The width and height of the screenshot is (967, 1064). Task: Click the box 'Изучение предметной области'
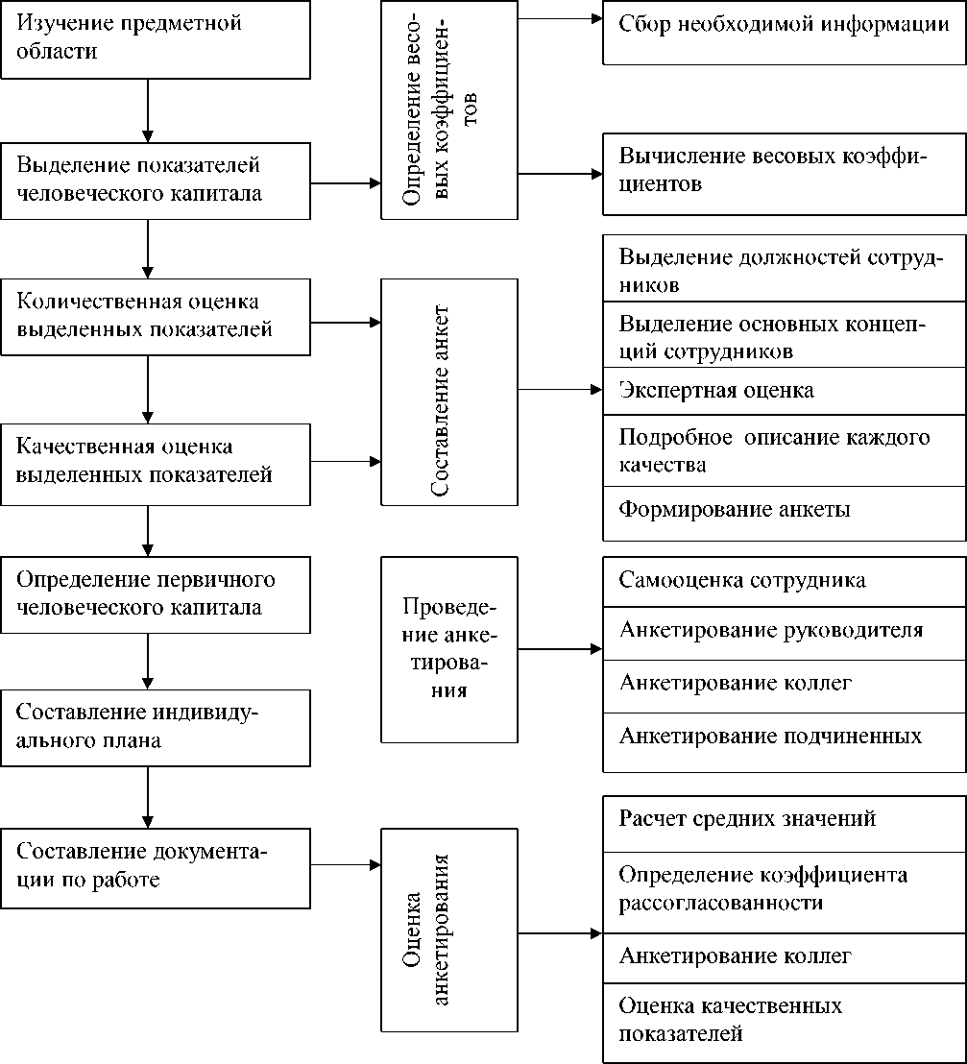point(155,38)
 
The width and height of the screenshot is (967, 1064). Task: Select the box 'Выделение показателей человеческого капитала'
point(155,180)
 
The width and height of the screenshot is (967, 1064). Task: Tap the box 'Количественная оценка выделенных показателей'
point(155,316)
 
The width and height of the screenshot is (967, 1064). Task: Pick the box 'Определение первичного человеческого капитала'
point(155,593)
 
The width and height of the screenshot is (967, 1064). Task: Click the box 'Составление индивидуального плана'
point(155,727)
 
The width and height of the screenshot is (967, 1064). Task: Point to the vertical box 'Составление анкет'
point(449,392)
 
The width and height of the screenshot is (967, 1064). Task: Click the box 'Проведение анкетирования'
point(449,649)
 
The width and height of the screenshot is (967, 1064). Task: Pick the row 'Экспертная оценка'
point(784,391)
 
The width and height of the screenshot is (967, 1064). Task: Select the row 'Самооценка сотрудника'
point(784,581)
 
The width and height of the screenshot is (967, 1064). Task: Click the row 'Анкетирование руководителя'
point(784,631)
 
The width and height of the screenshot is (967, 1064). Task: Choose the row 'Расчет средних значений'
point(784,819)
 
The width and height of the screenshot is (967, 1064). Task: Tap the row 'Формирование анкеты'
point(784,510)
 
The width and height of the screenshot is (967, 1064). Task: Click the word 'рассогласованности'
point(721,904)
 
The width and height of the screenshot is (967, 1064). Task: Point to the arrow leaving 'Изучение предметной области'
point(148,110)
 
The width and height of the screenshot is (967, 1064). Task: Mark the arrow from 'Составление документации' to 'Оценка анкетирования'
point(346,865)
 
